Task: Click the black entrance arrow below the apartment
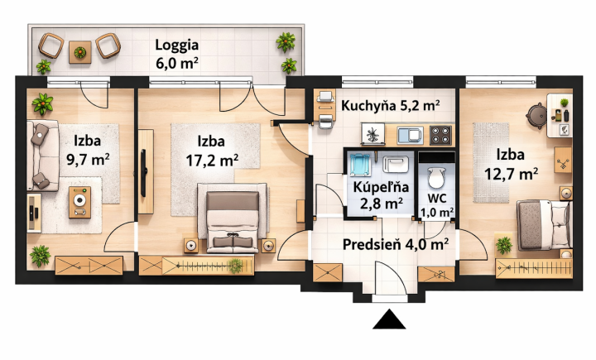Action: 388,319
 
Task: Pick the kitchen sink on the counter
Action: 408,133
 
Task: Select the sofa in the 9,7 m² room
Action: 41,155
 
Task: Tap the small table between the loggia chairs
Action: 79,51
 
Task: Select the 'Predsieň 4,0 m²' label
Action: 396,243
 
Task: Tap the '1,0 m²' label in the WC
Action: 436,212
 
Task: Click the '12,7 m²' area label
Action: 512,172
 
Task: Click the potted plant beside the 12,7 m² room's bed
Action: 502,245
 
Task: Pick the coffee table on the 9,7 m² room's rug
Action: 80,199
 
